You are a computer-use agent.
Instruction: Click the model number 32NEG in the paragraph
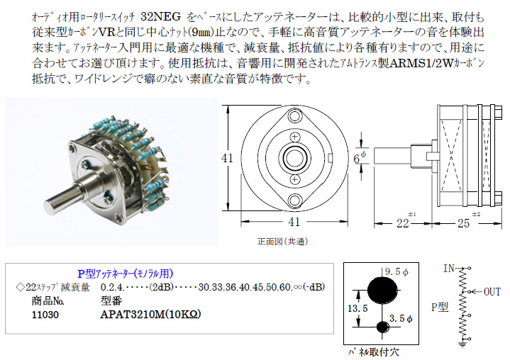[x=161, y=16]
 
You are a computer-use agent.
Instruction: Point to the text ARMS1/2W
[x=421, y=62]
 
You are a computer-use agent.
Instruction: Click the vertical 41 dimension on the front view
[x=228, y=158]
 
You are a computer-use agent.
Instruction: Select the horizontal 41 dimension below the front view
[x=294, y=222]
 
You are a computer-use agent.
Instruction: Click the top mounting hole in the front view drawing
[x=294, y=116]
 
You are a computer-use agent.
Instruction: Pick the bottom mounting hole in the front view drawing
[x=294, y=200]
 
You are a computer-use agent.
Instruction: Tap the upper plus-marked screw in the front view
[x=294, y=137]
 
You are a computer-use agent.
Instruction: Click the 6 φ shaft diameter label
[x=360, y=157]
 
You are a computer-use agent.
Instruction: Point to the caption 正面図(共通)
[x=282, y=242]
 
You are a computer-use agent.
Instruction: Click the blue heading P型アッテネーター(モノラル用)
[x=126, y=274]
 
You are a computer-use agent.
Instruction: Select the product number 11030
[x=45, y=315]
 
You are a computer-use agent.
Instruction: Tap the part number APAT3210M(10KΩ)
[x=150, y=314]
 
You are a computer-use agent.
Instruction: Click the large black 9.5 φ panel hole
[x=382, y=290]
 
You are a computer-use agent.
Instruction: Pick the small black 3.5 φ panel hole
[x=383, y=327]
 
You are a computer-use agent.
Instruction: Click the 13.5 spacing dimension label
[x=357, y=308]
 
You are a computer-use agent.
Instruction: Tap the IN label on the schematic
[x=449, y=269]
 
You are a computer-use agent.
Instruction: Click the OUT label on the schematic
[x=492, y=292]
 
